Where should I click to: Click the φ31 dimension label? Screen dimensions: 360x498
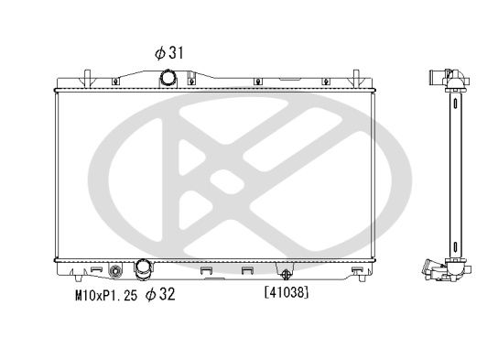point(169,53)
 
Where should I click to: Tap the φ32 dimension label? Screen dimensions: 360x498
point(158,295)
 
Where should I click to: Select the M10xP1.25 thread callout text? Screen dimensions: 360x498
point(106,295)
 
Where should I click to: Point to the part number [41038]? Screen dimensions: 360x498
point(286,293)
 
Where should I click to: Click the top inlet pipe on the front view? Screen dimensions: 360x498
point(168,78)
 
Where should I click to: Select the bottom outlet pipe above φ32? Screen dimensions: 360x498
point(143,270)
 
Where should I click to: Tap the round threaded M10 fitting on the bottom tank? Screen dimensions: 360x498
point(115,271)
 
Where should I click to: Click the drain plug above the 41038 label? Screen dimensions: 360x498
point(287,272)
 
